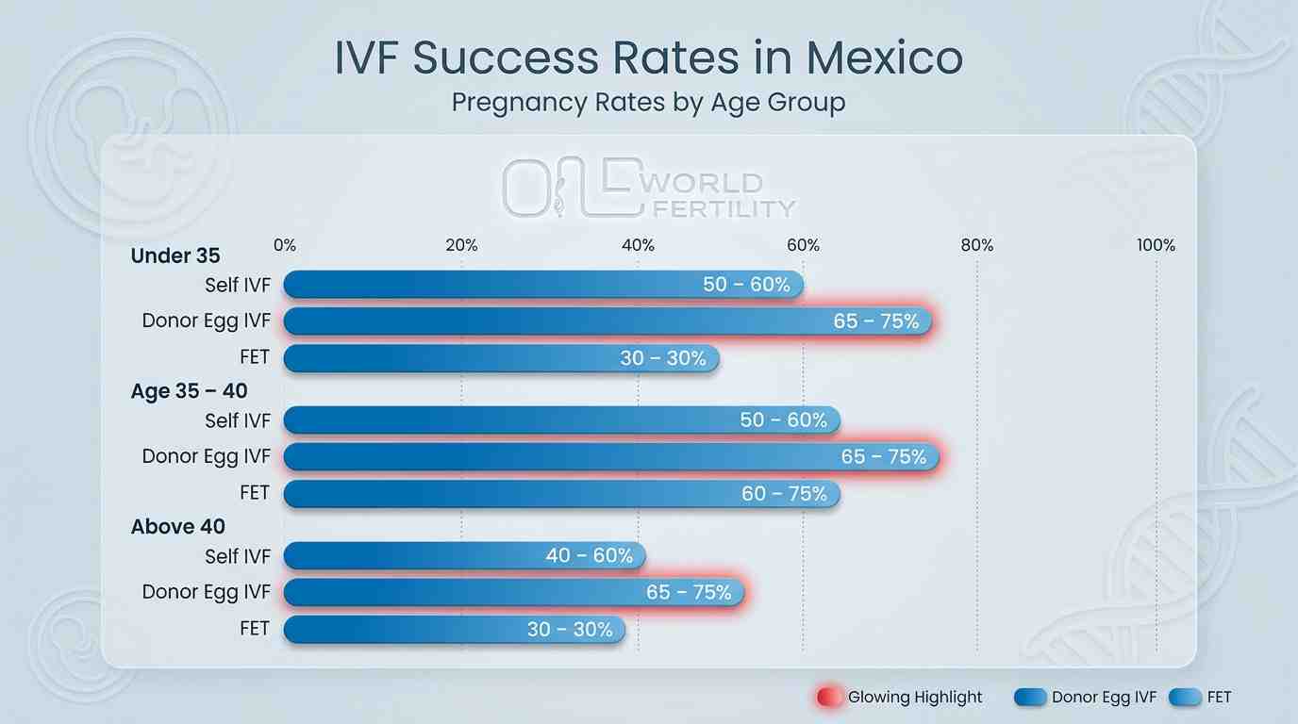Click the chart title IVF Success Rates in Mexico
click(x=648, y=58)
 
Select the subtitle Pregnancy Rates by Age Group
click(x=648, y=102)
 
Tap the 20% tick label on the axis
click(x=460, y=245)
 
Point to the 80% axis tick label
click(x=976, y=245)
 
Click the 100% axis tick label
click(x=1156, y=245)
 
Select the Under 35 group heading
click(x=175, y=255)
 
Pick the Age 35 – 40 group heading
click(x=189, y=391)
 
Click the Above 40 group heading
click(x=178, y=527)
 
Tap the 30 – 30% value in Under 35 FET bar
click(x=663, y=358)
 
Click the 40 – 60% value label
click(x=590, y=556)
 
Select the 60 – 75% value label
click(x=784, y=494)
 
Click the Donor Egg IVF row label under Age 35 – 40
click(x=206, y=456)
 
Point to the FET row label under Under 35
click(x=255, y=357)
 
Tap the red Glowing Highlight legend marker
click(x=827, y=698)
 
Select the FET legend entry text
click(x=1219, y=698)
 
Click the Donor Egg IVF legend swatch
click(x=1030, y=698)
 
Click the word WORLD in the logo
click(x=705, y=182)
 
